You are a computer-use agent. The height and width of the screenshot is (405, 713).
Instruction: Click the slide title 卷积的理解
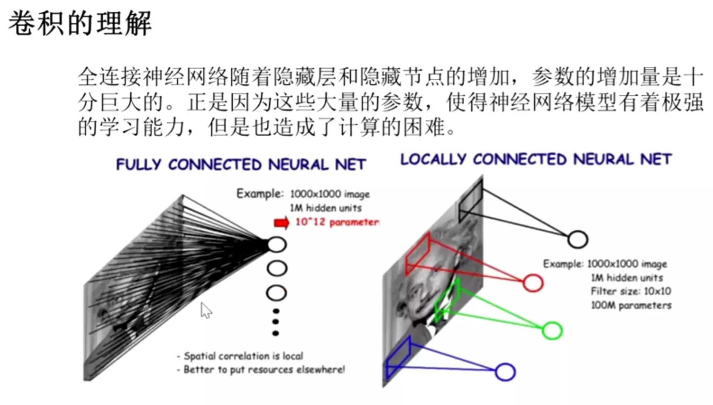point(80,23)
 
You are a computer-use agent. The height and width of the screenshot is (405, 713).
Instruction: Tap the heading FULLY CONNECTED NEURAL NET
point(241,164)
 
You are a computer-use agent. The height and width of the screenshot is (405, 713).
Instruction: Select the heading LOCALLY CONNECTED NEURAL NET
point(536,159)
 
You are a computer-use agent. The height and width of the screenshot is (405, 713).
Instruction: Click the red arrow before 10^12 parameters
point(281,223)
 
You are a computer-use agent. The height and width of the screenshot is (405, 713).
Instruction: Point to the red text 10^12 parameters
point(337,222)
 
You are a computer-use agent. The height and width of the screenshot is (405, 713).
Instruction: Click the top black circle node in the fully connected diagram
point(277,245)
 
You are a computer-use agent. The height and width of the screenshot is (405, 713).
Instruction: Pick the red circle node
point(533,283)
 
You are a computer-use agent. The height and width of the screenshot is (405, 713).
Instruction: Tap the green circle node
point(552,330)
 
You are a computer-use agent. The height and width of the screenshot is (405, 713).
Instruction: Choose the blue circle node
point(505,372)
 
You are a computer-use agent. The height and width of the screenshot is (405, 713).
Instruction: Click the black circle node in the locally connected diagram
point(577,240)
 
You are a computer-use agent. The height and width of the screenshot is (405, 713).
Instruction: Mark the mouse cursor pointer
point(206,310)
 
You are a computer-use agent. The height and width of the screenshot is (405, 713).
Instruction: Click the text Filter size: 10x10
point(631,291)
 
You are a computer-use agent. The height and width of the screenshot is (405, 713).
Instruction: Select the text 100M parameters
point(631,305)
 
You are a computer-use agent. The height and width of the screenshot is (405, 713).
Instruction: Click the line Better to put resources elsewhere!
point(264,370)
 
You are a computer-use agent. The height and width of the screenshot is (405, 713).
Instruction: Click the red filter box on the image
point(418,254)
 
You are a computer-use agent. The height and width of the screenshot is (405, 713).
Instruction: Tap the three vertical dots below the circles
point(276,322)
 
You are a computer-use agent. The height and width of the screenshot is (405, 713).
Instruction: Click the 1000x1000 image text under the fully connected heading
point(330,194)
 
